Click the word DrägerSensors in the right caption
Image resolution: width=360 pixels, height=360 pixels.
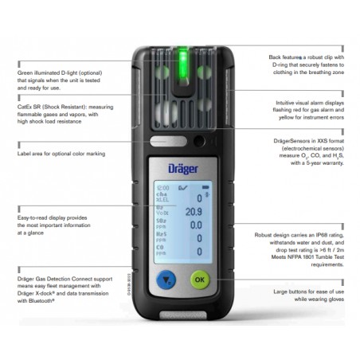pos(292,140)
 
